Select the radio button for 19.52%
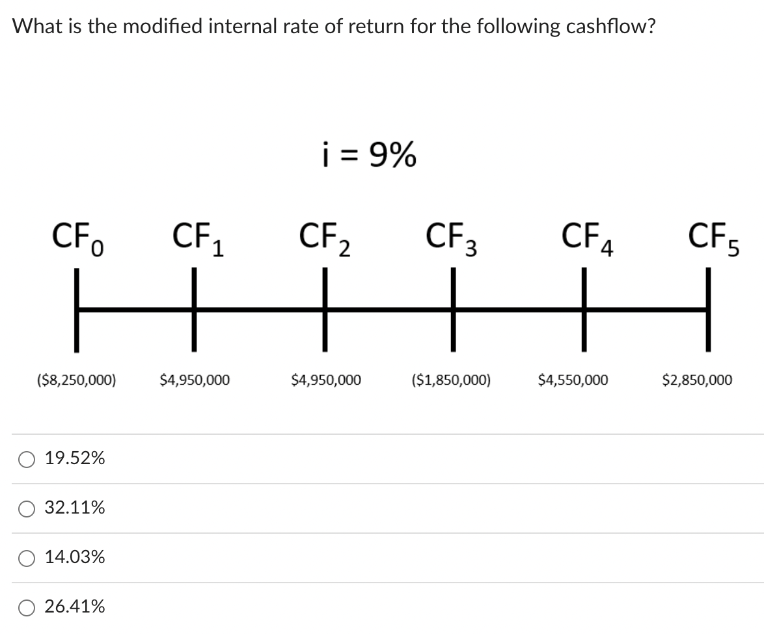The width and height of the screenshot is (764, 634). pyautogui.click(x=27, y=459)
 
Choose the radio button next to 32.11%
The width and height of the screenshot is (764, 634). pyautogui.click(x=27, y=508)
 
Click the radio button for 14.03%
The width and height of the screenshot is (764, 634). pyautogui.click(x=27, y=558)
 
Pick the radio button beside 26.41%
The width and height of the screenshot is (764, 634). pyautogui.click(x=27, y=607)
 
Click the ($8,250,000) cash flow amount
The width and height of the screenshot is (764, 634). pyautogui.click(x=75, y=379)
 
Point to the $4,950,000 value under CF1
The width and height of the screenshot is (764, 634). pyautogui.click(x=194, y=379)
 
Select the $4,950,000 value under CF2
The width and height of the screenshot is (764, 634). pyautogui.click(x=326, y=379)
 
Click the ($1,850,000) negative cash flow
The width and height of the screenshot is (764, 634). pyautogui.click(x=451, y=379)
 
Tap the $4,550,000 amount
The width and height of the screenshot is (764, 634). pyautogui.click(x=573, y=379)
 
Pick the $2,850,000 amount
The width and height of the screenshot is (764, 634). pyautogui.click(x=696, y=379)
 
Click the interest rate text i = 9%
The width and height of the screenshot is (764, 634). pyautogui.click(x=369, y=155)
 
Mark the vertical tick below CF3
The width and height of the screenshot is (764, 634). pyautogui.click(x=453, y=310)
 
